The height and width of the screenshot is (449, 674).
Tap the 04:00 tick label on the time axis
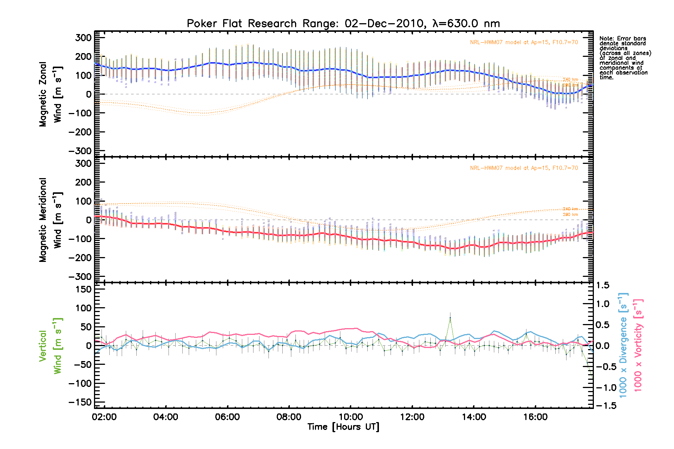(x=166, y=417)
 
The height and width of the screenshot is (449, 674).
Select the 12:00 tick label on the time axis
(x=412, y=417)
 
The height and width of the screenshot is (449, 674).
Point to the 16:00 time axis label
(x=535, y=417)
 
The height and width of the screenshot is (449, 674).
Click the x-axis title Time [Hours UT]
(x=343, y=427)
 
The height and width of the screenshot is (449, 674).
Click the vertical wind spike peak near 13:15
(x=450, y=318)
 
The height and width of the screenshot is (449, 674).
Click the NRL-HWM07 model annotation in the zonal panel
(x=524, y=42)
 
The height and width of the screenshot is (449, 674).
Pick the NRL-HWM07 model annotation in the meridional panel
(x=524, y=168)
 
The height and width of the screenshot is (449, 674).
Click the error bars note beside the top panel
(x=625, y=58)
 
